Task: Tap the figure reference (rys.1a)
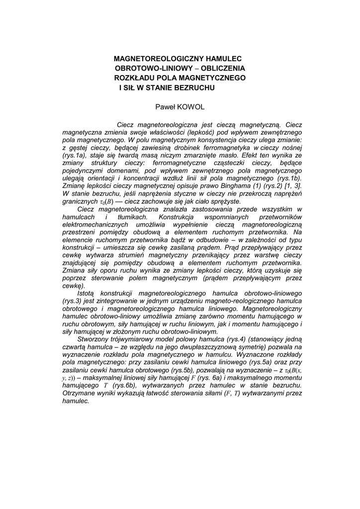click(74, 155)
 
